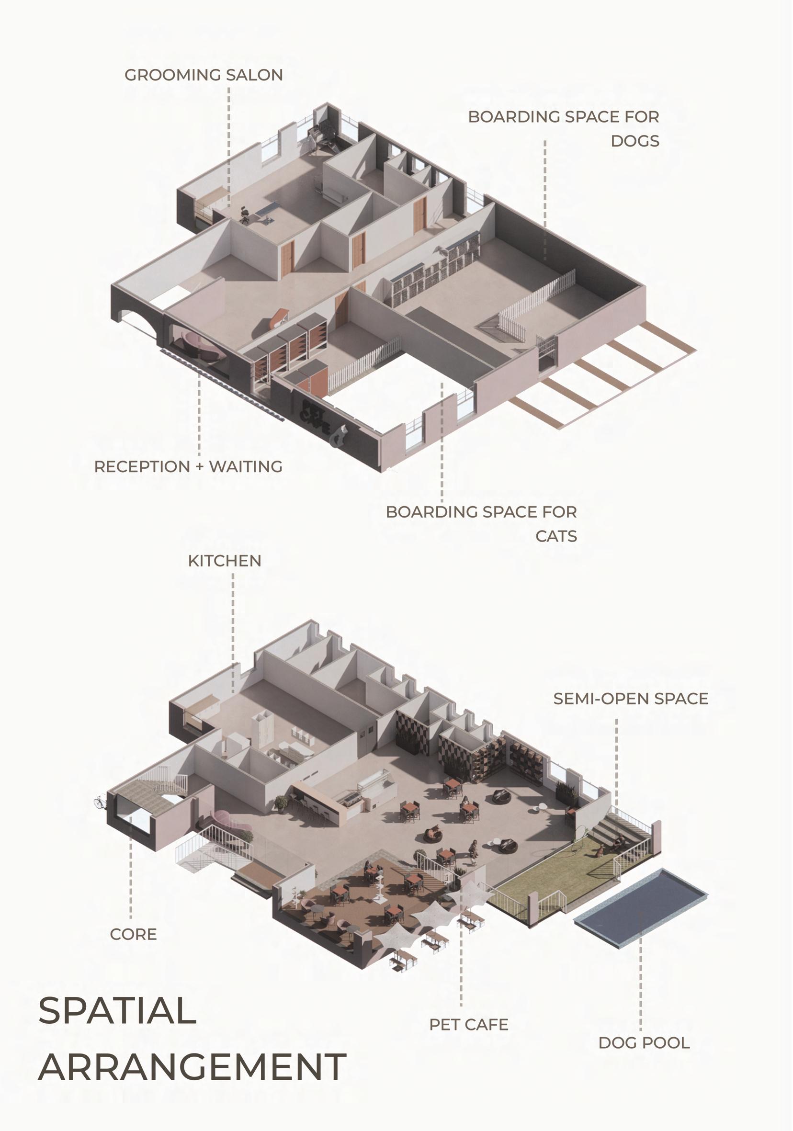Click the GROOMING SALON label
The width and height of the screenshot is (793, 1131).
(204, 75)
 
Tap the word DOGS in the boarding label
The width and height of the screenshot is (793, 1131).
(635, 141)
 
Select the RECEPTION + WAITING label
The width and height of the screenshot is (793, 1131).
(188, 466)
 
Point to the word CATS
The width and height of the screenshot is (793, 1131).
(556, 536)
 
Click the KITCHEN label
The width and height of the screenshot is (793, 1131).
(225, 561)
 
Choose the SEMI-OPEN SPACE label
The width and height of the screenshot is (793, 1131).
(631, 699)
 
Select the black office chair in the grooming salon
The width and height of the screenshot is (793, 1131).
(244, 215)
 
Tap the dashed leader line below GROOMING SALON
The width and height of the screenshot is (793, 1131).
(228, 143)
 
